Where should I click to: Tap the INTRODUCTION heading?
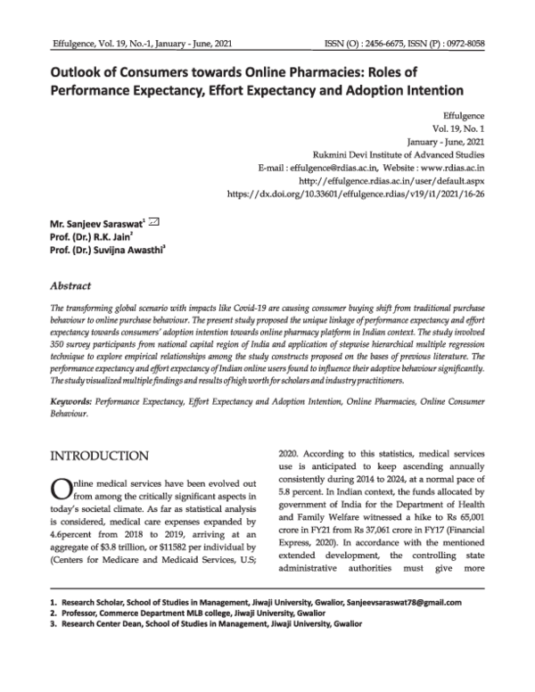106,457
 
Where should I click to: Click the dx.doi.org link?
356,192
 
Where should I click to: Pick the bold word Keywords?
71,403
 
